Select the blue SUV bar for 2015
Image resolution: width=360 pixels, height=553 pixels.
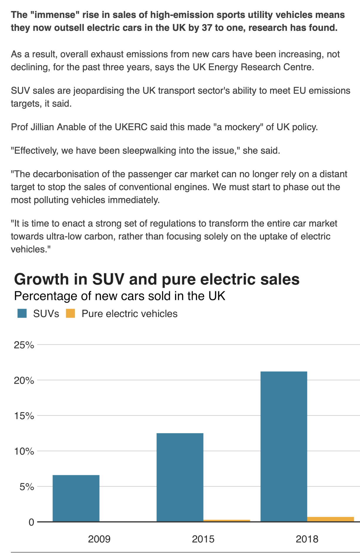tap(180, 477)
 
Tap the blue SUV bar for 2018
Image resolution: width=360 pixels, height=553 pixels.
tap(284, 446)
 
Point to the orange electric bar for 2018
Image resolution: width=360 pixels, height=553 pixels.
tap(330, 519)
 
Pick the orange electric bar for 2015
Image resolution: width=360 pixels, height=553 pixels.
tap(226, 521)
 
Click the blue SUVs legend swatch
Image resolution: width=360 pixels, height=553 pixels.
tap(22, 314)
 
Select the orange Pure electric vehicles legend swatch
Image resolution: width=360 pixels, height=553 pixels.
tap(70, 314)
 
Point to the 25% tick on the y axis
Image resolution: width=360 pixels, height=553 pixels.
tap(24, 345)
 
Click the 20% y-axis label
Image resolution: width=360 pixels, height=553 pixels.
tap(24, 381)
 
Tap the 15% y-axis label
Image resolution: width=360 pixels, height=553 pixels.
tap(24, 416)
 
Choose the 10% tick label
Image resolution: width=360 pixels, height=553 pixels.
tap(24, 451)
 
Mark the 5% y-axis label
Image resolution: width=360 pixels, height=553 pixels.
tap(27, 487)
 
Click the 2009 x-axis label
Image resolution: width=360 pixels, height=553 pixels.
tap(99, 539)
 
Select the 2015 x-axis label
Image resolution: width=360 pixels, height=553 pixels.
tap(203, 539)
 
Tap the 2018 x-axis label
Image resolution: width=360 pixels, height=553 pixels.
tap(307, 539)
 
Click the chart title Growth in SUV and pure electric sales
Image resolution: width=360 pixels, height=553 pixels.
tap(157, 279)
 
